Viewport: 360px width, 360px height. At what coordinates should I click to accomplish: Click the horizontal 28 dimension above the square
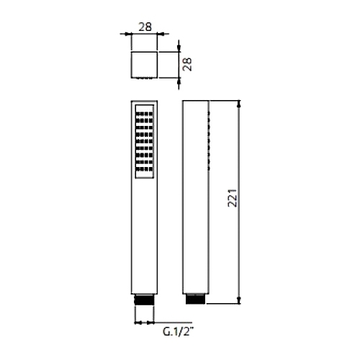coord(145,27)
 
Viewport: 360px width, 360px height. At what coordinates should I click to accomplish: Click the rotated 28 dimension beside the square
coord(187,64)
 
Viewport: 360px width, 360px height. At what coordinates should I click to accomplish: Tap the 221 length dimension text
coord(233,198)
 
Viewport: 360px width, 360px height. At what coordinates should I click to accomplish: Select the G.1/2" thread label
coord(178,332)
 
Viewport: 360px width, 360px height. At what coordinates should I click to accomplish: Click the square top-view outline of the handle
coord(144,52)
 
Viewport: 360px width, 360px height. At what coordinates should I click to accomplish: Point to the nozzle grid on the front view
coord(144,141)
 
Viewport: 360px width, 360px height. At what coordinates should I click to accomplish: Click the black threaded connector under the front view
coord(144,300)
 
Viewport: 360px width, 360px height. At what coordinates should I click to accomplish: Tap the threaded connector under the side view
coord(196,299)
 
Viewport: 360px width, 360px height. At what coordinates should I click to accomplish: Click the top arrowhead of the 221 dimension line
coord(238,104)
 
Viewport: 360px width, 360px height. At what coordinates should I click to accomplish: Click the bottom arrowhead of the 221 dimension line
coord(238,300)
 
